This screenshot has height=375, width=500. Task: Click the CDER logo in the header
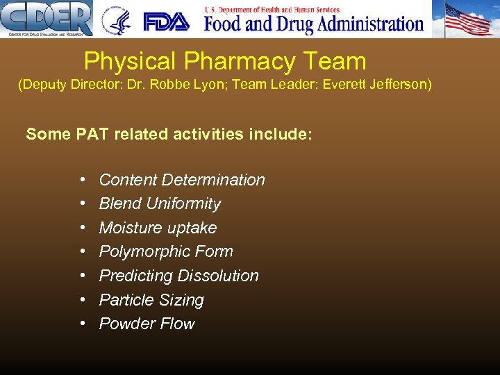click(x=47, y=18)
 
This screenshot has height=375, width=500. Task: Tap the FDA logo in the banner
click(x=166, y=21)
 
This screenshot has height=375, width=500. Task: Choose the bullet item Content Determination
click(x=182, y=180)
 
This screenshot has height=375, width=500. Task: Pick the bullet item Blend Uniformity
click(x=160, y=203)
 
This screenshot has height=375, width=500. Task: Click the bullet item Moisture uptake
click(x=158, y=228)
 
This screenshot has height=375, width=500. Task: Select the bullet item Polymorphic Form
click(x=166, y=251)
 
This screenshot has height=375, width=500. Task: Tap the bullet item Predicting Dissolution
click(x=178, y=276)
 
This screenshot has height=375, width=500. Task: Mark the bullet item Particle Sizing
click(x=151, y=300)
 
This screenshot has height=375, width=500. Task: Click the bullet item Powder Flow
click(x=147, y=324)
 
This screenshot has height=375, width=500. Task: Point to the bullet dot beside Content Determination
click(x=83, y=180)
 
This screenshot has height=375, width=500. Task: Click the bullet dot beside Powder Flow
click(x=83, y=324)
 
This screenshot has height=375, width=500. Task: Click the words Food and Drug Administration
click(x=314, y=24)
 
